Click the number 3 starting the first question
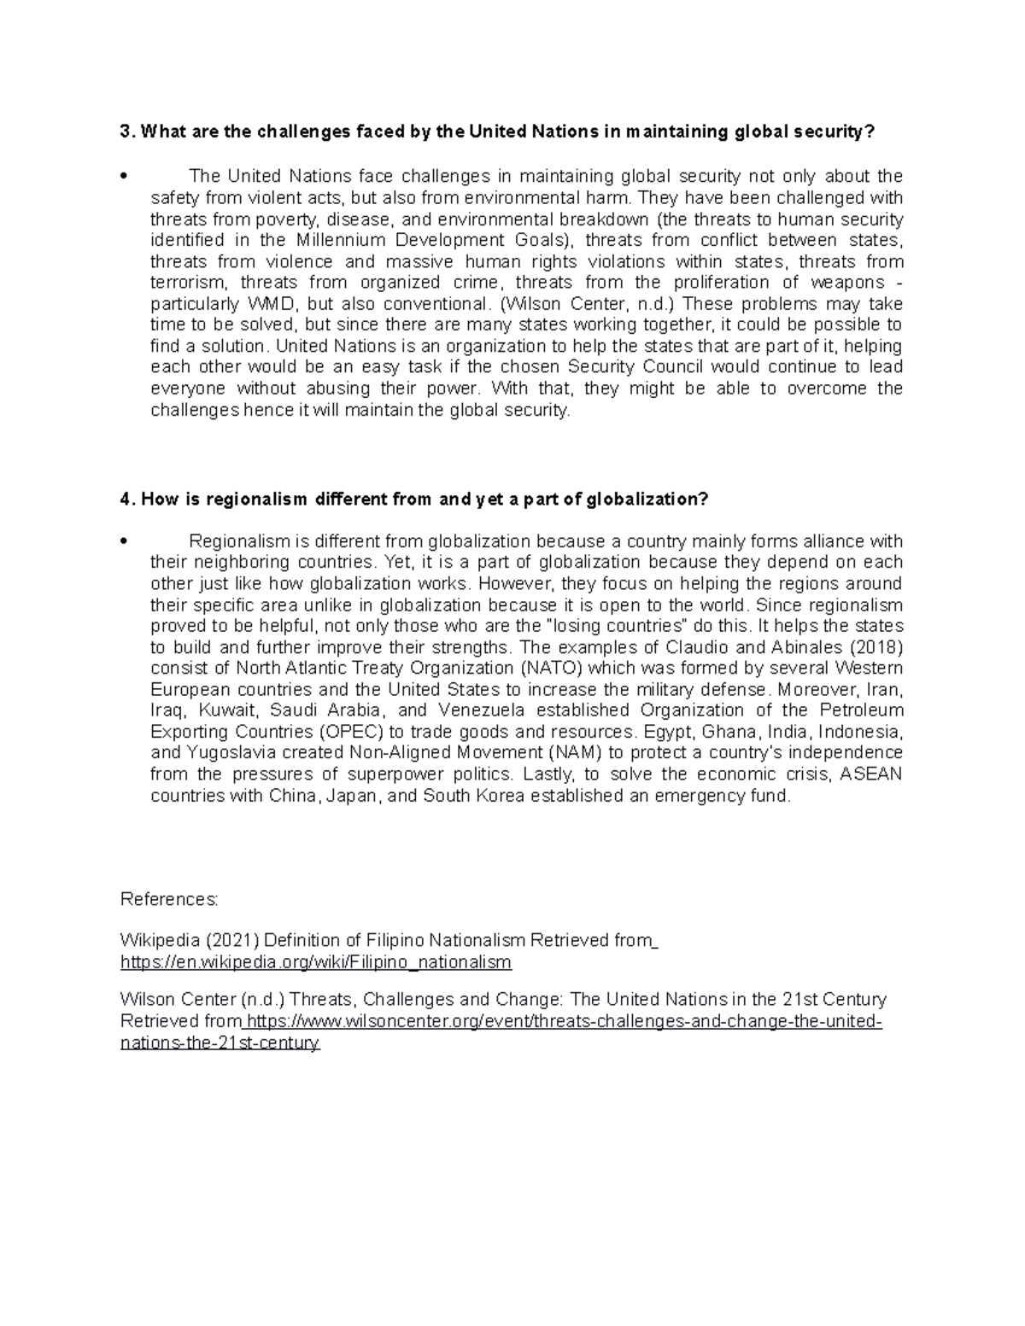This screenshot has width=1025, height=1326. coord(126,132)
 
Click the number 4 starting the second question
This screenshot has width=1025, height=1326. coord(126,499)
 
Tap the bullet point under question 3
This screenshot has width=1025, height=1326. coord(125,178)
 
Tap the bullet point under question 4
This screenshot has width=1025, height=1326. coord(125,542)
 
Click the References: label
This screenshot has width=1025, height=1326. coord(170,900)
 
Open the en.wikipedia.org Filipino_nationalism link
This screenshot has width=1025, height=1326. coord(316,963)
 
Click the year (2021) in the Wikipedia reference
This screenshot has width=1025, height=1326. coord(231,942)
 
